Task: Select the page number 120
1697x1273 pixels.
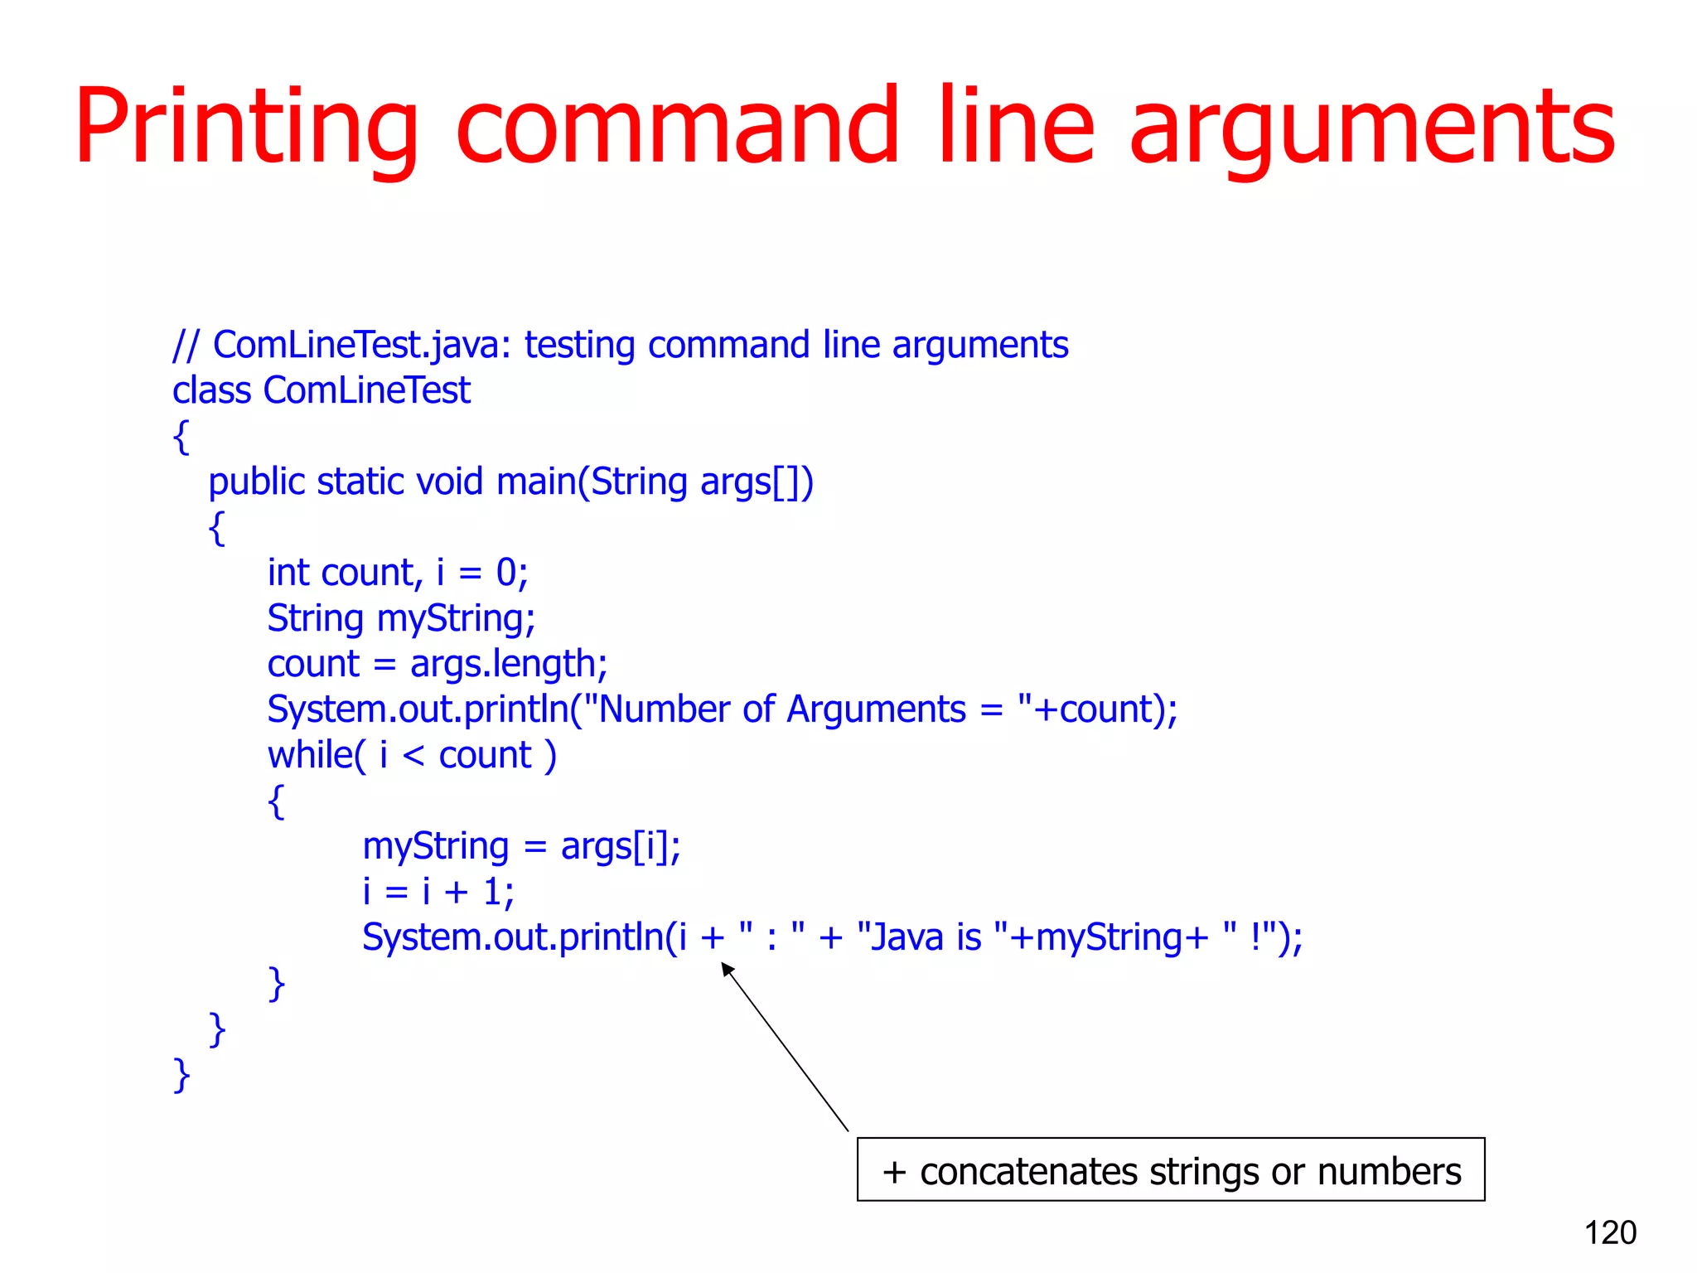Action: tap(1610, 1232)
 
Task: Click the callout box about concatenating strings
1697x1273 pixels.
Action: tap(1170, 1169)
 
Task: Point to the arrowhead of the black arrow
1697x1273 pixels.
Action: tap(727, 968)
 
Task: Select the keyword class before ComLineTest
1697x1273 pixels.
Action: tap(211, 390)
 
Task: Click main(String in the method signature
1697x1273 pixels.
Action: tap(591, 482)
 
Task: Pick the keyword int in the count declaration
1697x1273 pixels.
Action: tap(288, 573)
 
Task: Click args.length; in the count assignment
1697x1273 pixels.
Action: tap(509, 665)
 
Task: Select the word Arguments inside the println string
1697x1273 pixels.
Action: tap(876, 709)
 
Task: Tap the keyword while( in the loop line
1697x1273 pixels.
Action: tap(316, 755)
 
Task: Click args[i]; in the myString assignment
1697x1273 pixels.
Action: tap(621, 847)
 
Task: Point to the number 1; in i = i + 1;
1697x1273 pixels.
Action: tap(498, 892)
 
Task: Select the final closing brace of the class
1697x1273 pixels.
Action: tap(181, 1075)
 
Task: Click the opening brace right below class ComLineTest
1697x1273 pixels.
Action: tap(181, 437)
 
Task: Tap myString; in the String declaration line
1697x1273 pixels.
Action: tap(456, 619)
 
